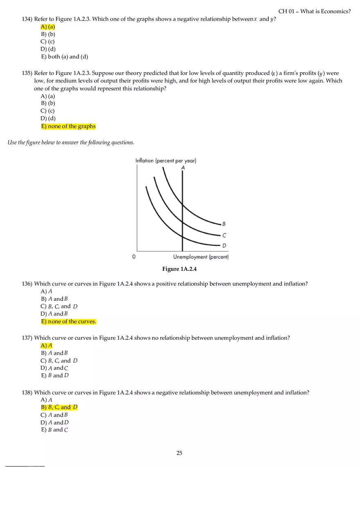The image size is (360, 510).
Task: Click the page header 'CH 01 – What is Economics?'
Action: [314, 11]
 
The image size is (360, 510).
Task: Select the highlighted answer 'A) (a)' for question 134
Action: [48, 27]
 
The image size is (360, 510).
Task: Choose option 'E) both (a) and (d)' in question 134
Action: [65, 57]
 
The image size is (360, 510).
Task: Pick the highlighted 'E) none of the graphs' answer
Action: [68, 126]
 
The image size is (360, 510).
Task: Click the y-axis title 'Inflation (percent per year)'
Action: [166, 161]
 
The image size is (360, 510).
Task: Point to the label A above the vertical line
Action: [182, 168]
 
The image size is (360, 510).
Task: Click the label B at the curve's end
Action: [224, 224]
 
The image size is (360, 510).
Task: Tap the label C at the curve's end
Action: [224, 235]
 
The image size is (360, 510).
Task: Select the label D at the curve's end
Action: [224, 245]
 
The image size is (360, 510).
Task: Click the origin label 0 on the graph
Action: [134, 257]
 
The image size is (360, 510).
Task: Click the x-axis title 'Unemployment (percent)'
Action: [201, 257]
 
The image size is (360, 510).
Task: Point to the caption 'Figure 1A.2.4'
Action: [180, 269]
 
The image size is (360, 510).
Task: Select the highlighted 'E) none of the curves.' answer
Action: [69, 321]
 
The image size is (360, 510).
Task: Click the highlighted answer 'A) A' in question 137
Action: [47, 346]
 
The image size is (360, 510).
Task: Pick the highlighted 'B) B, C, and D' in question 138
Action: [59, 407]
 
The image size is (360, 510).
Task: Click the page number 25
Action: [179, 453]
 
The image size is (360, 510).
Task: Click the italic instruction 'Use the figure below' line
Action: [71, 142]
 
